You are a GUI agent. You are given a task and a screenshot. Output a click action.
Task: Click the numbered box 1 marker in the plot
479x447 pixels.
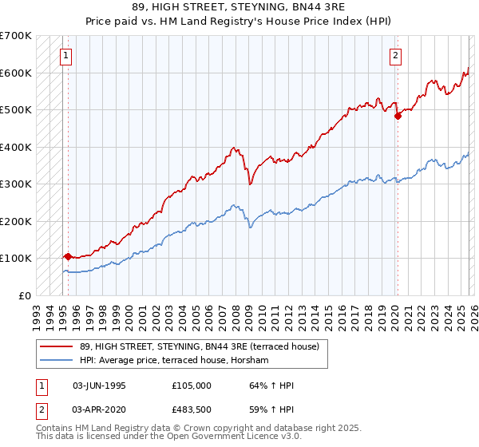click(65, 55)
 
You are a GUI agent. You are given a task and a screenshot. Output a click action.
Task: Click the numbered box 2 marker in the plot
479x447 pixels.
click(395, 55)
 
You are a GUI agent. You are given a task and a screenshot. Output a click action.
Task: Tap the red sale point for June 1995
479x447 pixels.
click(68, 256)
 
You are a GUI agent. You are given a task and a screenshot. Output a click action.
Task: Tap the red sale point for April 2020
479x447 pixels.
click(398, 116)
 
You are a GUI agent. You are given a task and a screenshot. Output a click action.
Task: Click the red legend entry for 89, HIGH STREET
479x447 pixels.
click(199, 346)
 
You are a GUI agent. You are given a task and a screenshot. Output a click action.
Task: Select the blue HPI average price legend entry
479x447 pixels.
click(175, 361)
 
